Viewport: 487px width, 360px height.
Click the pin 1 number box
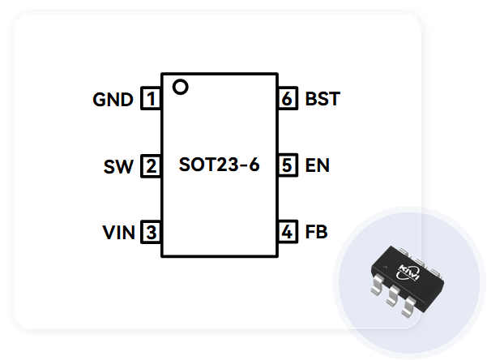151,100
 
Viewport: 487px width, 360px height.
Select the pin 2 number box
151,166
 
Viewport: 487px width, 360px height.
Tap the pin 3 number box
151,233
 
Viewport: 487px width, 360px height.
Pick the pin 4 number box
288,233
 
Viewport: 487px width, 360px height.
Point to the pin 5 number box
288,166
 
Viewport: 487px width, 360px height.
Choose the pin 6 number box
288,100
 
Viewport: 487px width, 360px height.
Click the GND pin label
113,101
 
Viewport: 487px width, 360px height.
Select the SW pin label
118,167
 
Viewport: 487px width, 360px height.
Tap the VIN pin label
118,234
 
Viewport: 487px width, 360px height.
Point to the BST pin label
323,101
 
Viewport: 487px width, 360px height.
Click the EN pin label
318,167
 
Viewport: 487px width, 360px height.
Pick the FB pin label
317,234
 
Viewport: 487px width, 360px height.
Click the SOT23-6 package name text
219,166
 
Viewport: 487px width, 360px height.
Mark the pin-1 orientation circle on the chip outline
180,86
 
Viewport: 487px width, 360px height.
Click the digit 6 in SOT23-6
253,166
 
